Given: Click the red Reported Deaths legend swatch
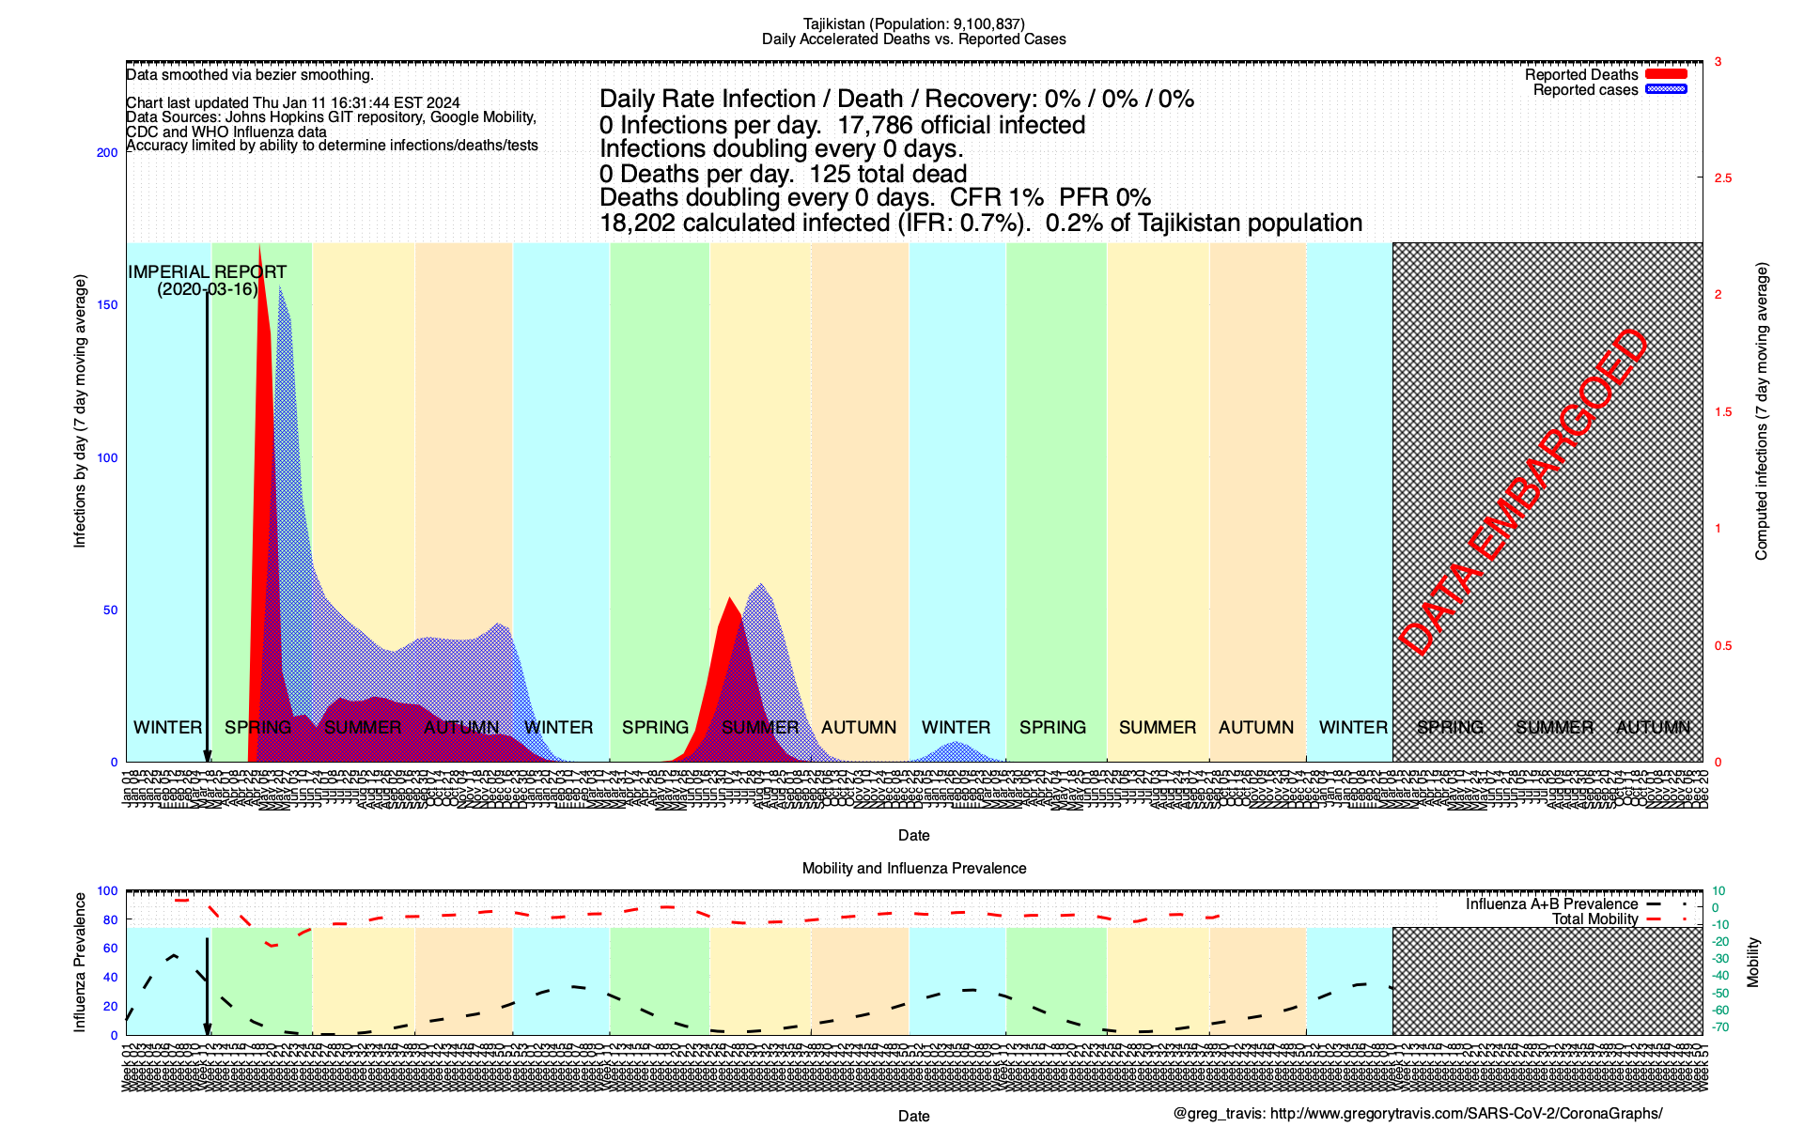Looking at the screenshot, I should coord(1666,74).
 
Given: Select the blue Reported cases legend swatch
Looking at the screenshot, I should coord(1666,89).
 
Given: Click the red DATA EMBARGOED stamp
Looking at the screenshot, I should coord(1523,492).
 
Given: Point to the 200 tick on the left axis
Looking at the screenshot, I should coord(107,153).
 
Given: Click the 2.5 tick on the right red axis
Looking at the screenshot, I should coord(1723,178).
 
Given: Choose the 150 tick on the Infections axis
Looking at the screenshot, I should coord(107,305).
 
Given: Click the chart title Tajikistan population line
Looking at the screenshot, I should coord(913,23).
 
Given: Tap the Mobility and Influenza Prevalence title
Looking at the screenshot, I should coord(913,869).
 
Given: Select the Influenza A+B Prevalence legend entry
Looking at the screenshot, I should coord(1551,904).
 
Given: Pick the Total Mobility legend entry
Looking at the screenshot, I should coord(1594,919).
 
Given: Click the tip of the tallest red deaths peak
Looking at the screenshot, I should coord(259,246).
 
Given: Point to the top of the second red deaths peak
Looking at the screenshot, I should coord(728,598).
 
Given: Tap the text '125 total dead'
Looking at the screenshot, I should coord(888,174).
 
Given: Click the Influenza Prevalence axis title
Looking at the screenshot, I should coord(80,963).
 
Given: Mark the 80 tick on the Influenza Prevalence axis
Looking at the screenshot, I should coord(111,920).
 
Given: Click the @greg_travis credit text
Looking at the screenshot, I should coord(1418,1114).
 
